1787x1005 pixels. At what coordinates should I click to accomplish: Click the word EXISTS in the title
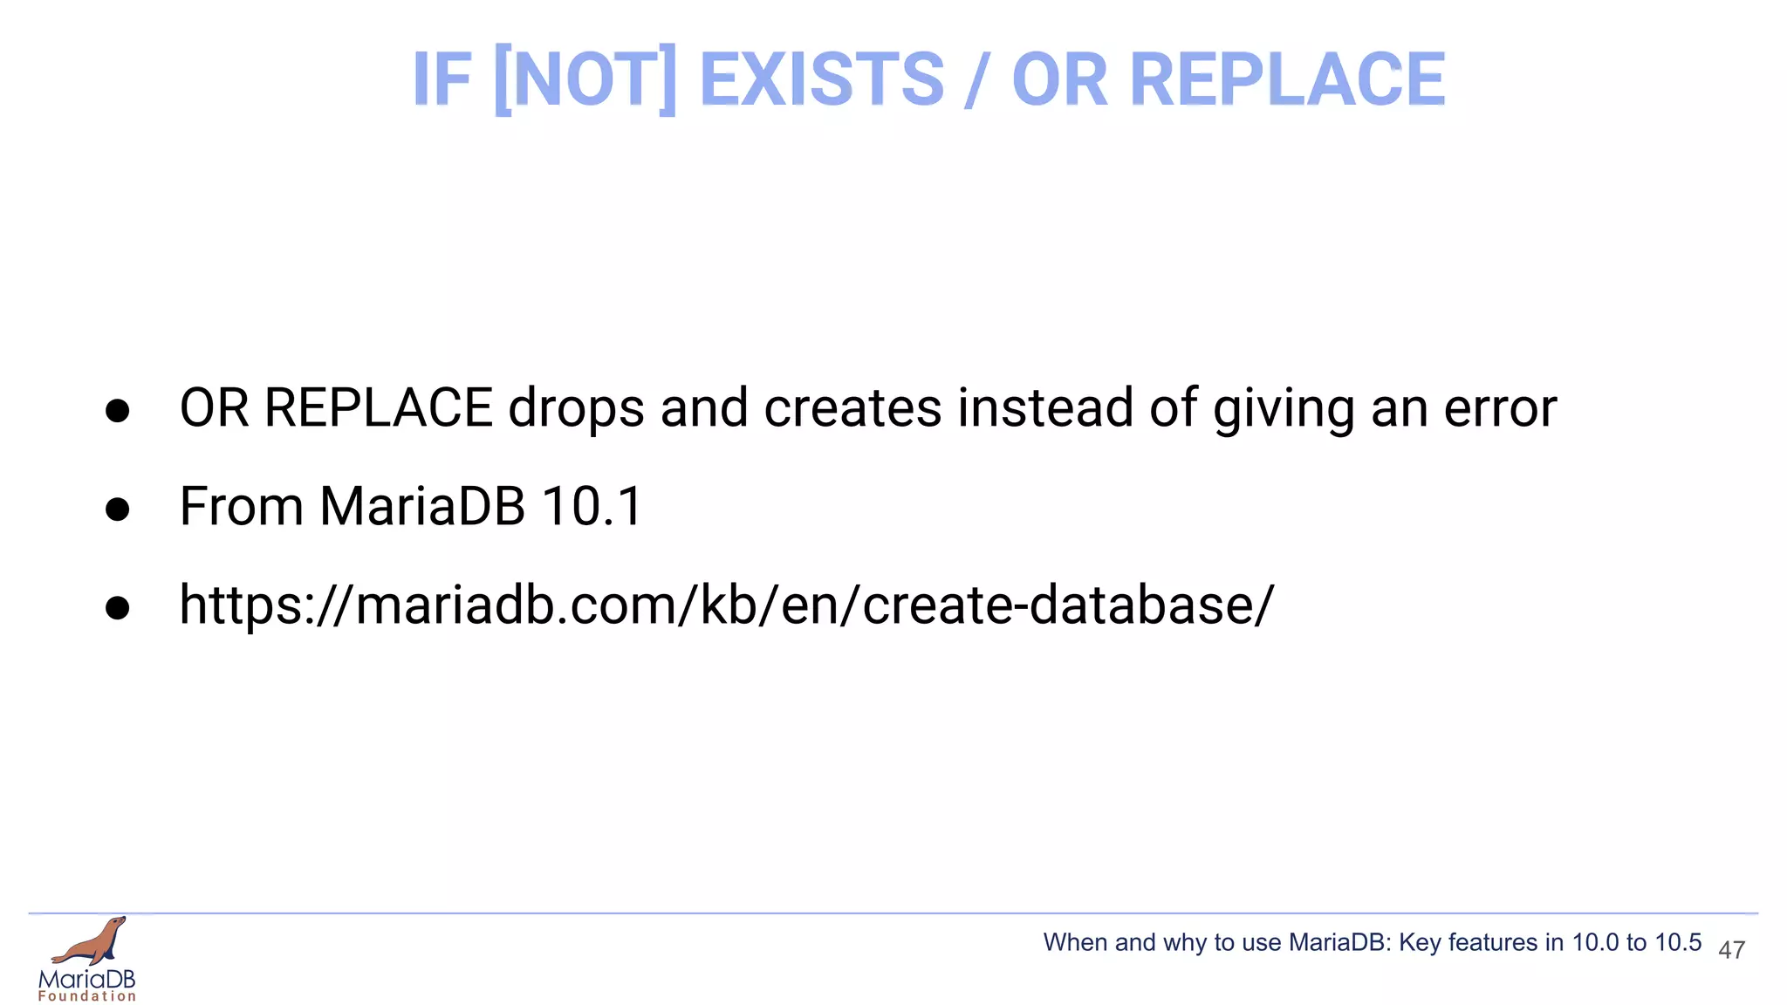(x=822, y=79)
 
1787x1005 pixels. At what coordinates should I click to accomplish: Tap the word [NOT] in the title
(x=585, y=79)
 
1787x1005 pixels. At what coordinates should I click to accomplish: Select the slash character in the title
(x=977, y=79)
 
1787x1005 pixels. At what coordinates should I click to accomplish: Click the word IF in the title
(x=442, y=79)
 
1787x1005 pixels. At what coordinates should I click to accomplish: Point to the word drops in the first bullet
(x=576, y=408)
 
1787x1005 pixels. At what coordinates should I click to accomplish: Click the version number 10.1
(x=592, y=506)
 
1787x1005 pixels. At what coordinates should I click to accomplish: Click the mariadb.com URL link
(x=726, y=605)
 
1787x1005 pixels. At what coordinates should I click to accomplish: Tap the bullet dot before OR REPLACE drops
(x=117, y=411)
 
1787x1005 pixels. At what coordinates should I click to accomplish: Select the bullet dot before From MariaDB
(x=117, y=509)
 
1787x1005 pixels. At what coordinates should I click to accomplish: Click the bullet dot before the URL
(x=117, y=608)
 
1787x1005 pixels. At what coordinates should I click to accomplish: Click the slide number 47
(x=1731, y=950)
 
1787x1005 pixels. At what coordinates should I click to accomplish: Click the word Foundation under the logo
(x=87, y=996)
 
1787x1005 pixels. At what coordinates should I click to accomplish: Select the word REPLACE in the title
(x=1287, y=79)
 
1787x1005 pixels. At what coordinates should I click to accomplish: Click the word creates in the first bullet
(x=852, y=408)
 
